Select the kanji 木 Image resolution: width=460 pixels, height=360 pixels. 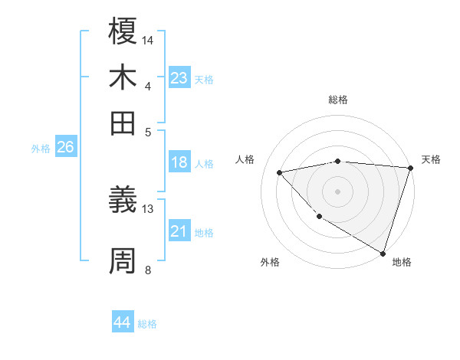pyautogui.click(x=123, y=77)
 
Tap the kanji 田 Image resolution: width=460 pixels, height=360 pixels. pyautogui.click(x=123, y=122)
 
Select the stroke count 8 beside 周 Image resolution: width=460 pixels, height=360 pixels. pyautogui.click(x=148, y=269)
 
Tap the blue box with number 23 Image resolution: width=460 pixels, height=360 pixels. pyautogui.click(x=179, y=78)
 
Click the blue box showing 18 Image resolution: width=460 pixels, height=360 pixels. pyautogui.click(x=179, y=162)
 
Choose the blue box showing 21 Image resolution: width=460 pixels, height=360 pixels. pyautogui.click(x=179, y=231)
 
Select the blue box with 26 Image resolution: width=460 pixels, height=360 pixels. pyautogui.click(x=65, y=148)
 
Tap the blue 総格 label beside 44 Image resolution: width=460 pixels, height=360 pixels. pyautogui.click(x=147, y=324)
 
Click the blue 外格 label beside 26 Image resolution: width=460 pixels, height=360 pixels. pyautogui.click(x=41, y=149)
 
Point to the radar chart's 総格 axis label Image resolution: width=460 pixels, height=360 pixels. pyautogui.click(x=338, y=100)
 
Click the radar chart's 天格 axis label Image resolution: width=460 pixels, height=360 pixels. pyautogui.click(x=431, y=159)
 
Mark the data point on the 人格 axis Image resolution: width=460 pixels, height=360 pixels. pyautogui.click(x=280, y=172)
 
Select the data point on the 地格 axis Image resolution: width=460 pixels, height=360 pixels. pyautogui.click(x=383, y=252)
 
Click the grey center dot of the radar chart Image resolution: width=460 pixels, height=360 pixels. pyautogui.click(x=338, y=191)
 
